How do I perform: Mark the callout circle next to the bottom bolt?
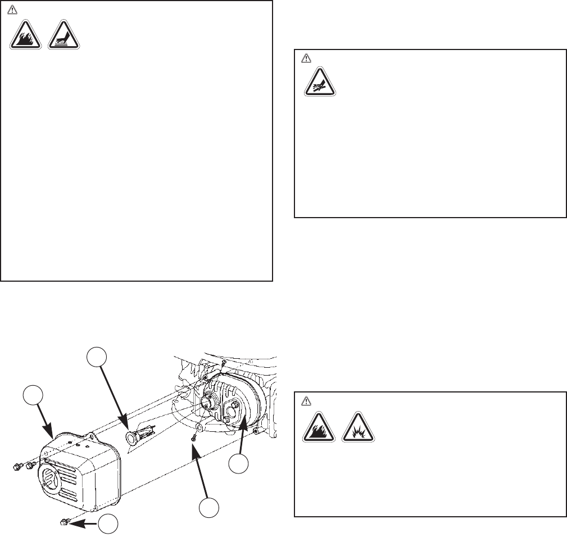point(109,524)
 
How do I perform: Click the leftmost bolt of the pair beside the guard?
point(18,466)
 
